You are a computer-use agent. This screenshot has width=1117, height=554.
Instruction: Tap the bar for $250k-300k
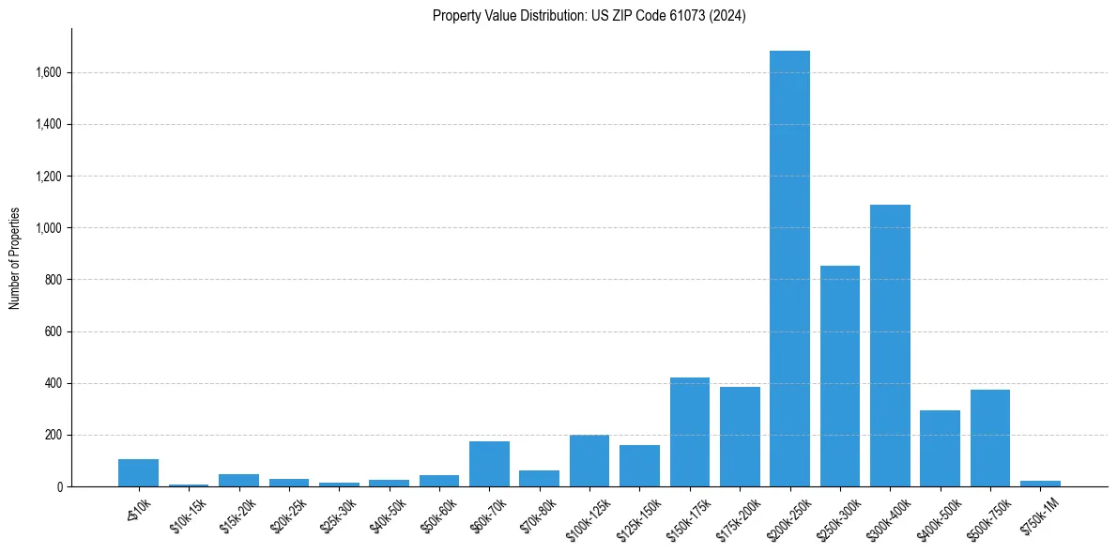click(x=840, y=376)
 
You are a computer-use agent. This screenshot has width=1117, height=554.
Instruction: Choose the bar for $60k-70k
click(x=489, y=464)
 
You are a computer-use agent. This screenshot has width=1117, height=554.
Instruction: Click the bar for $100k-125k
click(x=589, y=461)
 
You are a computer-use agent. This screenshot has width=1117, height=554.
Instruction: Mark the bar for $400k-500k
click(x=940, y=448)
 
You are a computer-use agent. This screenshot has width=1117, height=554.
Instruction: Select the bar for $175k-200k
click(x=740, y=437)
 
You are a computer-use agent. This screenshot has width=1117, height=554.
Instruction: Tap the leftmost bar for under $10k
click(x=139, y=472)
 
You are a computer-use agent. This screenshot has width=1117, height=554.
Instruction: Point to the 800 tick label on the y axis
click(x=53, y=280)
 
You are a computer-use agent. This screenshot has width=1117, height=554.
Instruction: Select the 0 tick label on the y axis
click(x=59, y=486)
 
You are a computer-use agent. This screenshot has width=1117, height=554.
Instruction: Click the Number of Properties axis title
click(x=15, y=257)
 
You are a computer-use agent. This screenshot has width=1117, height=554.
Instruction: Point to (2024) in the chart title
click(x=729, y=16)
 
